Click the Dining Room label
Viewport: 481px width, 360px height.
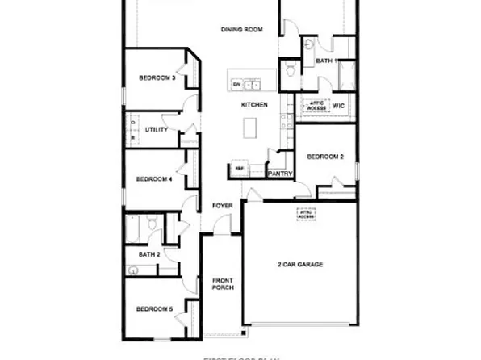point(243,30)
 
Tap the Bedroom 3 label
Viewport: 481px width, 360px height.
point(157,77)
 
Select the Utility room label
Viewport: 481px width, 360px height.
point(157,130)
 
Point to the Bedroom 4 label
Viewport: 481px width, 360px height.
point(154,179)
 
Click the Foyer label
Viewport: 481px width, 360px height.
point(223,206)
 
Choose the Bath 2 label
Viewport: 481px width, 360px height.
point(149,254)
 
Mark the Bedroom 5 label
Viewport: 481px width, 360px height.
point(154,308)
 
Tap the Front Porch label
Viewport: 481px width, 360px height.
point(223,285)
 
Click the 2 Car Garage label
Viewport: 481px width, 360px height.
point(300,265)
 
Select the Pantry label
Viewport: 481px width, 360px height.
point(279,173)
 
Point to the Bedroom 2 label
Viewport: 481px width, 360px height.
point(325,157)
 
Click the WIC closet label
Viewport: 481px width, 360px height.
point(338,105)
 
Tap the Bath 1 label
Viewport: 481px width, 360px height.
point(325,61)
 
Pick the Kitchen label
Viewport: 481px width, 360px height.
point(253,106)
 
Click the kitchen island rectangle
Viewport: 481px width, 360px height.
point(251,128)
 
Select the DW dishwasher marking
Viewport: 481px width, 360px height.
point(237,84)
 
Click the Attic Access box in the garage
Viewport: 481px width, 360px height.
point(305,214)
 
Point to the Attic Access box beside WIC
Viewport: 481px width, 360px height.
point(315,105)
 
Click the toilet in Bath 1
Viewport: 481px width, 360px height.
point(311,44)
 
